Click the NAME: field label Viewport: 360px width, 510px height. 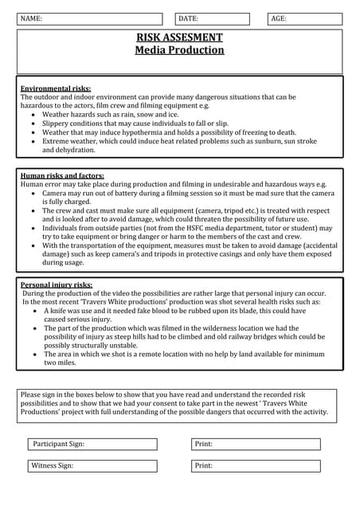(32, 18)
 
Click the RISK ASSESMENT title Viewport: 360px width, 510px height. (179, 37)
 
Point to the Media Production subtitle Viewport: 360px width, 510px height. (179, 50)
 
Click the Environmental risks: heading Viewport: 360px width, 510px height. (56, 88)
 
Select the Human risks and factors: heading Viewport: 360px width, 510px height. (62, 175)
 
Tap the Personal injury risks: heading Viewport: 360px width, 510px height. (57, 284)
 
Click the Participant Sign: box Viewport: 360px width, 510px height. (94, 444)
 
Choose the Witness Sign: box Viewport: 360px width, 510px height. (94, 465)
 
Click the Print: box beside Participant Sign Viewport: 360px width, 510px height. (256, 444)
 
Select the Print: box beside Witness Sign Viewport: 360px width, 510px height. (256, 465)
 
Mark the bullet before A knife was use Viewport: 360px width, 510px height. (35, 311)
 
